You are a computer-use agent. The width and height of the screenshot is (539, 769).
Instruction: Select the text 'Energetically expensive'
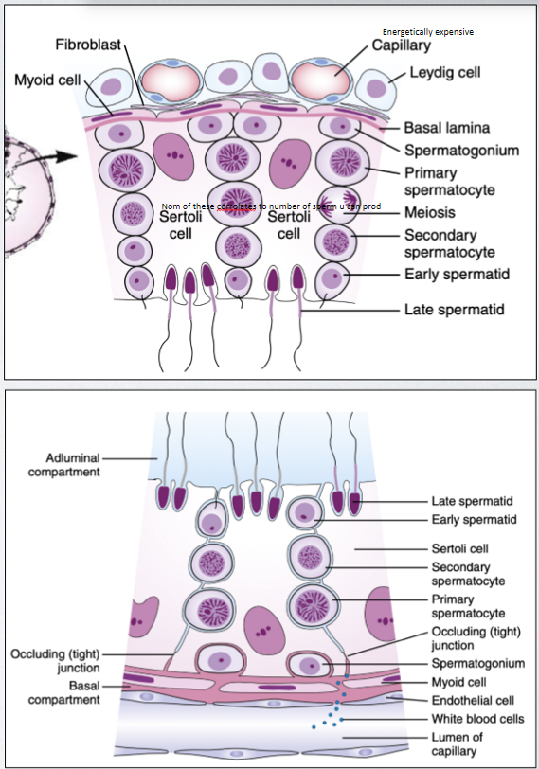pos(428,32)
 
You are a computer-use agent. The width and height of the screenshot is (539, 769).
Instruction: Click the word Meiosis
pos(431,213)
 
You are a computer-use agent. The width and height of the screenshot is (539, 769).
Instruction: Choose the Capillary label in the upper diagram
pos(402,45)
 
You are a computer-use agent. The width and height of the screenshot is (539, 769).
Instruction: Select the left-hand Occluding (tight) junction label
pos(55,660)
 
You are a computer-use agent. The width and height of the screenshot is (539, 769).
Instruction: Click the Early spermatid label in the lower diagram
pos(474,519)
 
